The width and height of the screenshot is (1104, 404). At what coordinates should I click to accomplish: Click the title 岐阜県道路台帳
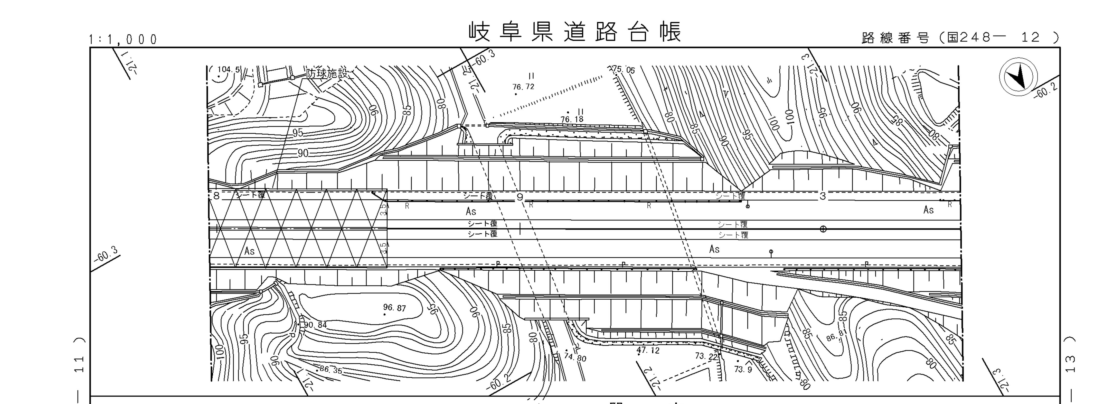point(574,32)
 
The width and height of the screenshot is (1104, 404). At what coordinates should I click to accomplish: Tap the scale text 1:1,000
point(123,40)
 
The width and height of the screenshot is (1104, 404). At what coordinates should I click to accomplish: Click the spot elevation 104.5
point(229,69)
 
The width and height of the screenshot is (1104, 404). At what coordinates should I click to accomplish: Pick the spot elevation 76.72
point(523,87)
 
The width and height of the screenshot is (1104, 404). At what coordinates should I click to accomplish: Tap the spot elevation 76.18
point(572,119)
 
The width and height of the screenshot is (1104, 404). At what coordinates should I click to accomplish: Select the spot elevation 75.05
point(624,70)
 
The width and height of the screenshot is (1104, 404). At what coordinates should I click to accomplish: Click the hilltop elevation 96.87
point(394,308)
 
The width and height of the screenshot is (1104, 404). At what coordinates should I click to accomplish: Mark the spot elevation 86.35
point(331,369)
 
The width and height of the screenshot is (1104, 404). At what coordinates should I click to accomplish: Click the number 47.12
point(648,350)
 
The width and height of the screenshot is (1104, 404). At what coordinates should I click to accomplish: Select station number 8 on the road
point(216,196)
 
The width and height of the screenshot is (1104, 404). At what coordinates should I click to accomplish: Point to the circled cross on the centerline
point(823,229)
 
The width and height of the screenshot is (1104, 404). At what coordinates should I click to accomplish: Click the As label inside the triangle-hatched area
point(249,251)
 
